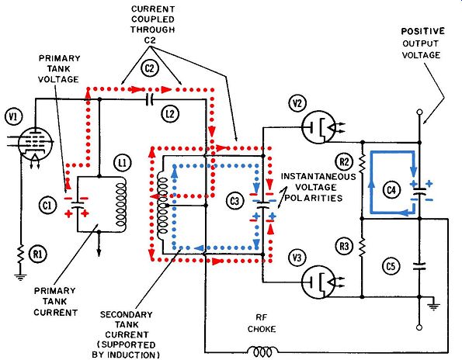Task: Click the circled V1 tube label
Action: (13, 117)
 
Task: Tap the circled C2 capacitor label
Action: (150, 68)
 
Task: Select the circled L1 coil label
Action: (123, 163)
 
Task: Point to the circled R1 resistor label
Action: (38, 254)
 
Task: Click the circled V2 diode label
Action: (297, 104)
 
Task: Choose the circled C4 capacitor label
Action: (391, 190)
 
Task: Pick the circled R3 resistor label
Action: (344, 246)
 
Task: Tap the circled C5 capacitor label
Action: (391, 266)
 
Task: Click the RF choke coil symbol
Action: (262, 351)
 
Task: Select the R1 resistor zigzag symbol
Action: (20, 254)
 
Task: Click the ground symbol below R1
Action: (20, 277)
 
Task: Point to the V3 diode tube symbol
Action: (318, 282)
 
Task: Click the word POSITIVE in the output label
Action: (423, 31)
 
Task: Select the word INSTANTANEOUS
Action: (318, 177)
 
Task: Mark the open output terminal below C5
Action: (419, 327)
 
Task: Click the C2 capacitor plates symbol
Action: (150, 100)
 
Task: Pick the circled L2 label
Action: (170, 113)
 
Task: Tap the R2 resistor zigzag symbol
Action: (362, 164)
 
